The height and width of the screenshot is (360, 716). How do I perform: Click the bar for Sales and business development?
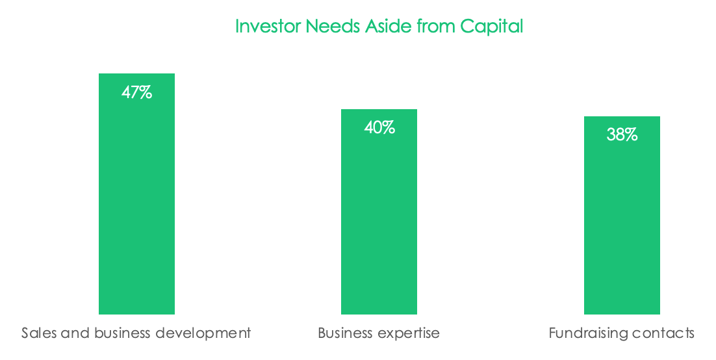point(136,194)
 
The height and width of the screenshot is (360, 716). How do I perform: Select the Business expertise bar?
point(379,212)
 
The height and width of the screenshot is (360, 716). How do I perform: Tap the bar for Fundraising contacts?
point(622,215)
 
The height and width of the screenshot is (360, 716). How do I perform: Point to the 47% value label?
point(136,93)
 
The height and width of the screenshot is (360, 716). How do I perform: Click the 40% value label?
point(379,127)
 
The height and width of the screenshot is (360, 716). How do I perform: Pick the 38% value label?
point(622,135)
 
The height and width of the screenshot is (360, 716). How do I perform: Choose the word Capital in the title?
point(491,27)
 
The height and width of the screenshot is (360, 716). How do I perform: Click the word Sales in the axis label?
point(39,333)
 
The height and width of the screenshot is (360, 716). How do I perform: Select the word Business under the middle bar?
point(345,333)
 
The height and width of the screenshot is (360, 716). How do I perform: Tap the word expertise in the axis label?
point(408,333)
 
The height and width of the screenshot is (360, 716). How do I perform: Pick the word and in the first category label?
point(76,333)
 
